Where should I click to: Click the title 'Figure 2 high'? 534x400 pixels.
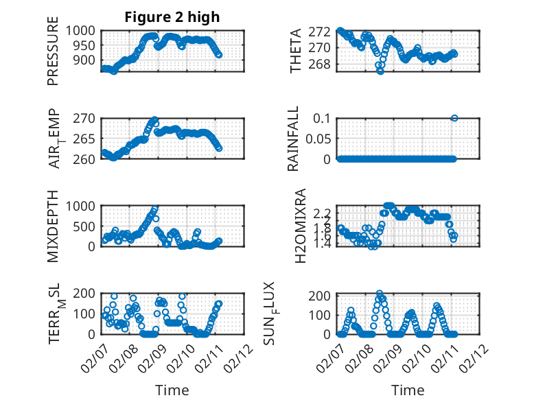pyautogui.click(x=172, y=17)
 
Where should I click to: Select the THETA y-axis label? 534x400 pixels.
pyautogui.click(x=296, y=51)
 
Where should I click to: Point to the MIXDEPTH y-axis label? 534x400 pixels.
pyautogui.click(x=53, y=226)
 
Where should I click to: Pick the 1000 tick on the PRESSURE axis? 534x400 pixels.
pyautogui.click(x=84, y=31)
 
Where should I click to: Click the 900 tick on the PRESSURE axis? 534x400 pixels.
pyautogui.click(x=87, y=60)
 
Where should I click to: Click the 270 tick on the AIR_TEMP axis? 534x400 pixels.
pyautogui.click(x=87, y=118)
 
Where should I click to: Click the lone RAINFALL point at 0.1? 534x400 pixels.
pyautogui.click(x=454, y=118)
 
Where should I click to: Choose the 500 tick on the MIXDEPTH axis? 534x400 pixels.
pyautogui.click(x=87, y=226)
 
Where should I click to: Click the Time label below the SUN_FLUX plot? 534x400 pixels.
pyautogui.click(x=408, y=390)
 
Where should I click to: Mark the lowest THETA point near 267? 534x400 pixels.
pyautogui.click(x=380, y=71)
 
